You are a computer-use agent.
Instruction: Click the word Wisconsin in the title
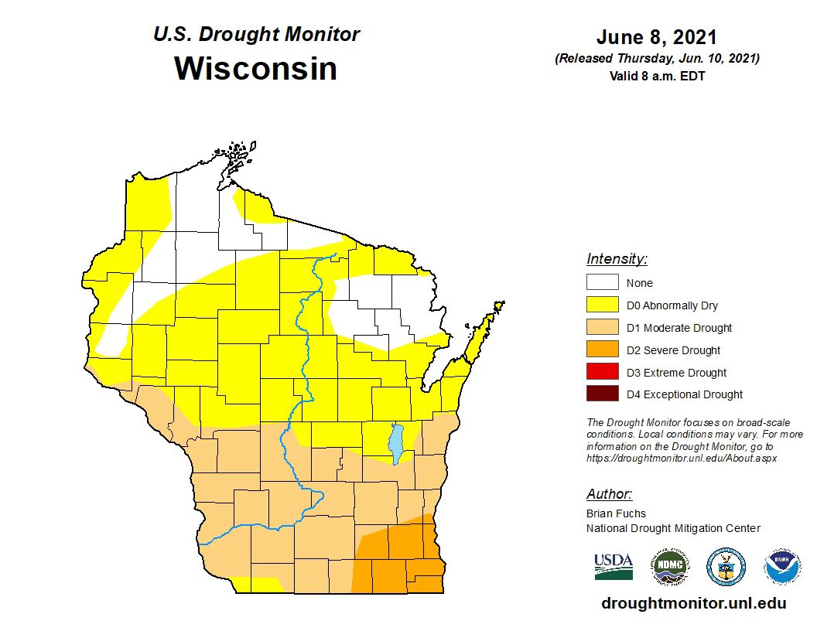point(255,68)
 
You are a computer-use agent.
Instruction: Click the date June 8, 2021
point(656,37)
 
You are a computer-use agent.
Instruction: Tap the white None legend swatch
point(602,283)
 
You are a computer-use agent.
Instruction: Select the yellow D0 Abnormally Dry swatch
point(602,305)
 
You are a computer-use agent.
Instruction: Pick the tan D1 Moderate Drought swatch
point(602,328)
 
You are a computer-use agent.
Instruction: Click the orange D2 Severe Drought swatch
point(602,350)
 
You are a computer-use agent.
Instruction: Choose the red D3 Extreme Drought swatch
point(602,372)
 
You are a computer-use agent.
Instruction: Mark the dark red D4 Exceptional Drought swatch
point(602,394)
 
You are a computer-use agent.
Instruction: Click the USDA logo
point(614,566)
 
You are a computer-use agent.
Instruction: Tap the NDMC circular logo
point(669,567)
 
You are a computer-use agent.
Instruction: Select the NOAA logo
point(782,567)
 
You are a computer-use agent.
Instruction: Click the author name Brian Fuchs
point(616,513)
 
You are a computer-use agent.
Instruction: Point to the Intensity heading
point(617,259)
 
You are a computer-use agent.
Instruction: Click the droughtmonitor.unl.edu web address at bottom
point(693,604)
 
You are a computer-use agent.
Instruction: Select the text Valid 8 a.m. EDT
point(656,76)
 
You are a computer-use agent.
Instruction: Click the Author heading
point(609,494)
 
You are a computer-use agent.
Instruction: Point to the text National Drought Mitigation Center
point(673,528)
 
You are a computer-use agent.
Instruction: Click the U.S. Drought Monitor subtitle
point(256,35)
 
